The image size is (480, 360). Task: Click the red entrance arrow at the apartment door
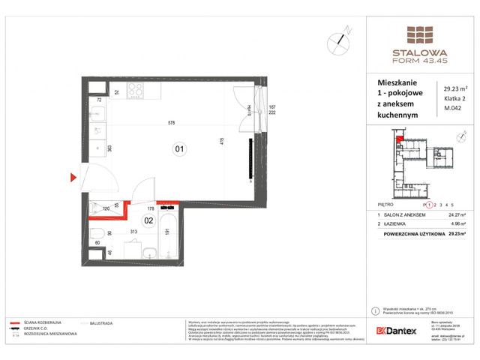[73, 178]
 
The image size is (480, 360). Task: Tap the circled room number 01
[180, 148]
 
